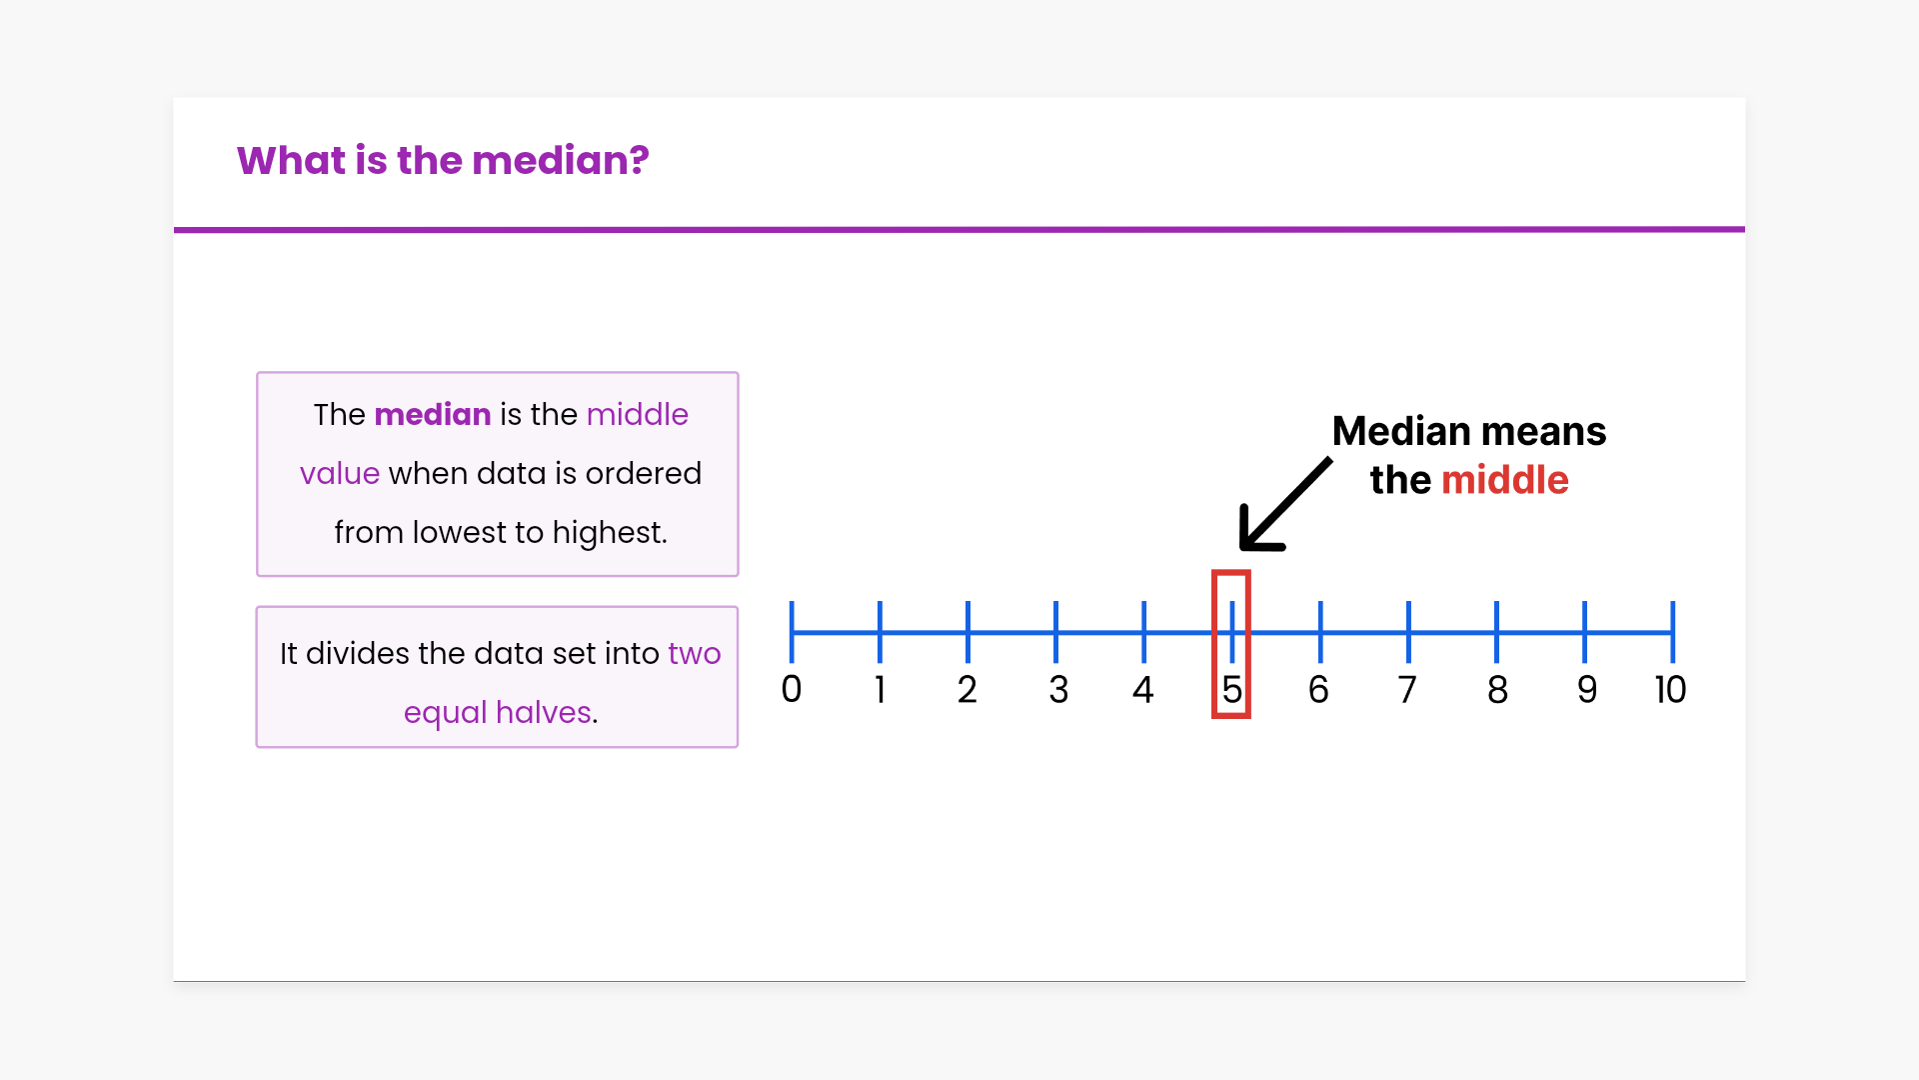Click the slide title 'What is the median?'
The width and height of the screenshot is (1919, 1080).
pos(443,161)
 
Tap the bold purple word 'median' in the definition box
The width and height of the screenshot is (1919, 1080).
pos(433,414)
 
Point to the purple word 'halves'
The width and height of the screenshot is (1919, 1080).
pos(544,712)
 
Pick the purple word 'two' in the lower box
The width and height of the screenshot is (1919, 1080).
pos(695,654)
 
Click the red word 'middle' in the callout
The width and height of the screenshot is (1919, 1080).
pos(1505,480)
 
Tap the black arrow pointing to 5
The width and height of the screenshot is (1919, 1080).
pos(1285,504)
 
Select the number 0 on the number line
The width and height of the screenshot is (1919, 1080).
pos(792,689)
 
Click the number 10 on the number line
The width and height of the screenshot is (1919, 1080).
pos(1670,689)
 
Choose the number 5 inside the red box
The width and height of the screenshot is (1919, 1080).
pos(1231,689)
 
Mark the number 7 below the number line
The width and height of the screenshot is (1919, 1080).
pos(1407,689)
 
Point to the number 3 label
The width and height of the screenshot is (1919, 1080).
pos(1058,689)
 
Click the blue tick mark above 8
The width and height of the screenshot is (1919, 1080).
pos(1496,632)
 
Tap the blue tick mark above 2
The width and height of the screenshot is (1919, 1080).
pos(967,632)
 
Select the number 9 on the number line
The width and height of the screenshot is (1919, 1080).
pos(1586,689)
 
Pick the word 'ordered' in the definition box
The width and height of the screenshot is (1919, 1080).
pos(644,473)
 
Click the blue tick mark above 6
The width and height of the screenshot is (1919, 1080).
pos(1320,632)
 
